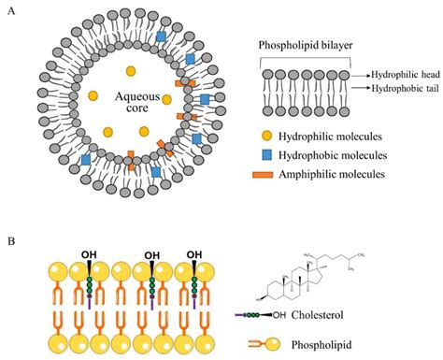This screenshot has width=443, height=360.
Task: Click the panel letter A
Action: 11,11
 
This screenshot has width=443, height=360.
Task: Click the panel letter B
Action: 11,241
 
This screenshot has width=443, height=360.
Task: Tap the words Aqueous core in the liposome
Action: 137,102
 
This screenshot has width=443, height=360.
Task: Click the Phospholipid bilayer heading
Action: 306,46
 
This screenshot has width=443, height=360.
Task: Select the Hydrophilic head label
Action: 406,75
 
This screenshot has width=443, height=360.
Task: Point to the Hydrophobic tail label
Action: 406,89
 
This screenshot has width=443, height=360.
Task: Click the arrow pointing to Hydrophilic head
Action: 361,75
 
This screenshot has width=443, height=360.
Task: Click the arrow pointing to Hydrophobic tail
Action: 361,88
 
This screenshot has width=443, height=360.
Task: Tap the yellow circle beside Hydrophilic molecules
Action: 266,136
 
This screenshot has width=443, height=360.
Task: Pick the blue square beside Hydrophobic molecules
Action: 266,155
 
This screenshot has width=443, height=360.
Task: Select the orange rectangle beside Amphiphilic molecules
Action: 263,175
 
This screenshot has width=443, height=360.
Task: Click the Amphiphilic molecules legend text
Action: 332,174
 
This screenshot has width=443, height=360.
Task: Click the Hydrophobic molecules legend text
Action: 333,155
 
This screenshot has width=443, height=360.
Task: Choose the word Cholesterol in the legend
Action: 317,315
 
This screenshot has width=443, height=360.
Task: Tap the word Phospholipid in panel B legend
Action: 322,345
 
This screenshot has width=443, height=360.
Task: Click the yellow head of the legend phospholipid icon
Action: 273,344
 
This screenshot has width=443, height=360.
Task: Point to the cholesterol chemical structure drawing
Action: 310,276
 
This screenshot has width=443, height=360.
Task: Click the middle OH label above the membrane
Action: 152,256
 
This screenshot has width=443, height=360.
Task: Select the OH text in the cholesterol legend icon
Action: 279,315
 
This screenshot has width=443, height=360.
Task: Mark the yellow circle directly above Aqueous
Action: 131,71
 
